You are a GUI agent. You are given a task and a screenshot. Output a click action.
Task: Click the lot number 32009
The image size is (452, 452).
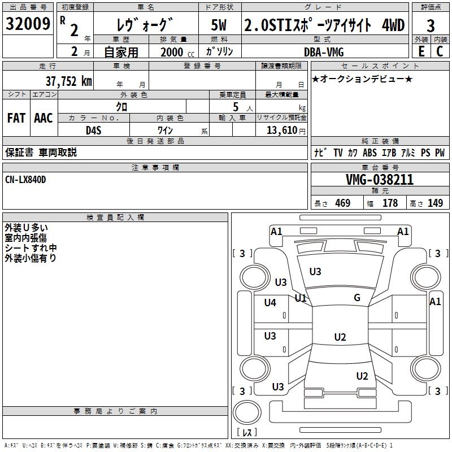tap(28, 24)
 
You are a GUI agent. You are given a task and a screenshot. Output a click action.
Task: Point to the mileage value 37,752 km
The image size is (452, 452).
tap(68, 81)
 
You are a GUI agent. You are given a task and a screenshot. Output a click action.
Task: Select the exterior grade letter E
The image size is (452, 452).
tap(421, 51)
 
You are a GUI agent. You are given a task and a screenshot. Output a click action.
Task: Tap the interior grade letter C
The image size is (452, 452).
tap(440, 51)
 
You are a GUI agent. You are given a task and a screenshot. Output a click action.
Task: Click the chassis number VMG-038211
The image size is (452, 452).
tap(379, 180)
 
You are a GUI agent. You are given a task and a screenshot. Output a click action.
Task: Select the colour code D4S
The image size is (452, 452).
tap(93, 130)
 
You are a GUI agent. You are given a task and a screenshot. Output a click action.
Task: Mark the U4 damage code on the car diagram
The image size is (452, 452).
tap(270, 303)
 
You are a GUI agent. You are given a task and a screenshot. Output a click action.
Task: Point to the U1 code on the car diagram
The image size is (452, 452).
tap(301, 298)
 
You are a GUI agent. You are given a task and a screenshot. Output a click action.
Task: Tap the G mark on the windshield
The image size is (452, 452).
tap(357, 298)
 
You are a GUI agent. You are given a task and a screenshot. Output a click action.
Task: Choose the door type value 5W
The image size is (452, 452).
tap(219, 25)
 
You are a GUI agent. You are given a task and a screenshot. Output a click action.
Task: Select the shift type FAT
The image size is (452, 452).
tap(16, 118)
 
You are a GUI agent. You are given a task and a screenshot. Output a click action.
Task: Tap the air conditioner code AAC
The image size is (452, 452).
tap(44, 118)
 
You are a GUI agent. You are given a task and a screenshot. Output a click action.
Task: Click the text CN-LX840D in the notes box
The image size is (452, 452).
tap(25, 179)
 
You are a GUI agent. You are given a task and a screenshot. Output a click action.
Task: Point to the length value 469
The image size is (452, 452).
tap(342, 203)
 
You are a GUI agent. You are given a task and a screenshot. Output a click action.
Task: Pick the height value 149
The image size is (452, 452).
tap(435, 203)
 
